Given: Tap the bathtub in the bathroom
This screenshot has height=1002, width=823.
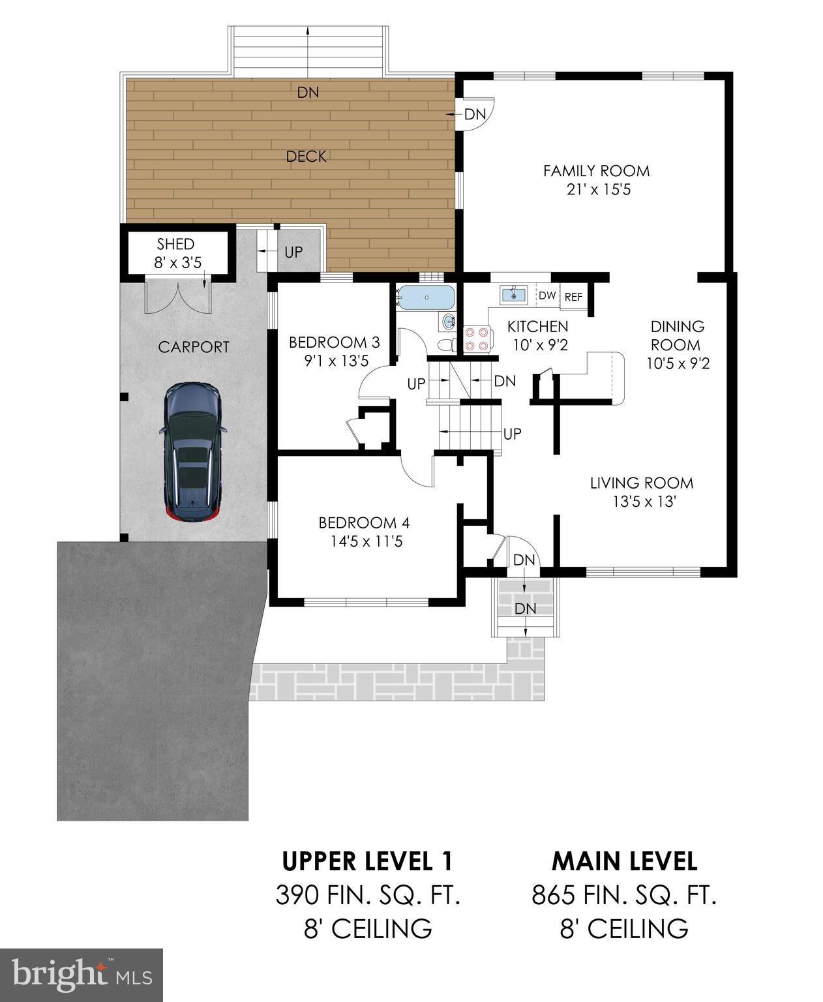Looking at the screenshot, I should coord(425,297).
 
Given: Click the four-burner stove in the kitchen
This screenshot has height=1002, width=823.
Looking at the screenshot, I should coord(476,339).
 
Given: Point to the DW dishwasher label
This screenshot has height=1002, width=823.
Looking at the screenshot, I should coord(547,296).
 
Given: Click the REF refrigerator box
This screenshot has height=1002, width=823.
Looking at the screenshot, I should coord(573,297).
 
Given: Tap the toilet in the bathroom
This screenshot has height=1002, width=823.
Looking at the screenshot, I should coord(446,344).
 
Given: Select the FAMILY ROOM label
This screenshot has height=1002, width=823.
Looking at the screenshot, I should coord(596,171).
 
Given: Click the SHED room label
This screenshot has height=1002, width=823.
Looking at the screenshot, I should coord(175,244).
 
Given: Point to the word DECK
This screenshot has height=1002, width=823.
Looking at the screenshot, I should coord(306,157).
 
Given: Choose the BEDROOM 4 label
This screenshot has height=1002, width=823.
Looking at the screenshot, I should coord(364,523).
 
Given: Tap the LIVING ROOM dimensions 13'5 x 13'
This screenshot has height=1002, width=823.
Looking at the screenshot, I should coord(642,502).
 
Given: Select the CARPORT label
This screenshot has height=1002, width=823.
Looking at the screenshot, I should coord(194,347).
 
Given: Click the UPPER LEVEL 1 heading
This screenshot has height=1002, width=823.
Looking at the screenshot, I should coord(367,861).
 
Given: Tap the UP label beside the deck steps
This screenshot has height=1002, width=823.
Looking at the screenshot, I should coord(293,251).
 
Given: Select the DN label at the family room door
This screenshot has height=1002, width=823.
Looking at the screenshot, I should coord(475,114).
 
